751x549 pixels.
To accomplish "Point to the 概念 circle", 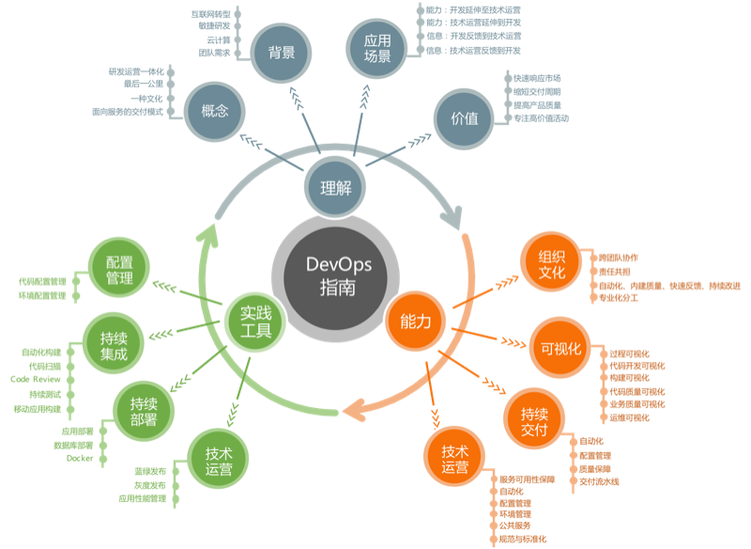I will coord(215,111).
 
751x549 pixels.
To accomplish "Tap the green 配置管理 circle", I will coord(119,269).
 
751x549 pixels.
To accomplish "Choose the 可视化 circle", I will coord(560,349).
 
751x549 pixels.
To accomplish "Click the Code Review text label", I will coord(36,380).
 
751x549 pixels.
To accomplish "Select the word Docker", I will coord(80,458).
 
